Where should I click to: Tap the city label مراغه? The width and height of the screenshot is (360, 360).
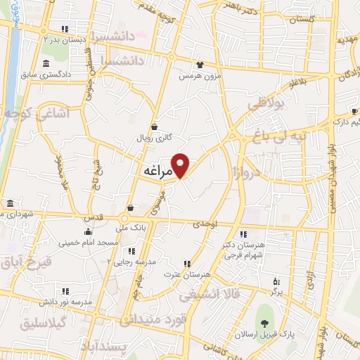(x=157, y=171)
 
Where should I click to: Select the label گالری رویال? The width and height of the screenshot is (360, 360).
(x=168, y=139)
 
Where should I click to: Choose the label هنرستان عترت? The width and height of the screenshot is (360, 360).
(x=188, y=273)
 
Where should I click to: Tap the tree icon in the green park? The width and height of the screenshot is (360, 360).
(x=264, y=323)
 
